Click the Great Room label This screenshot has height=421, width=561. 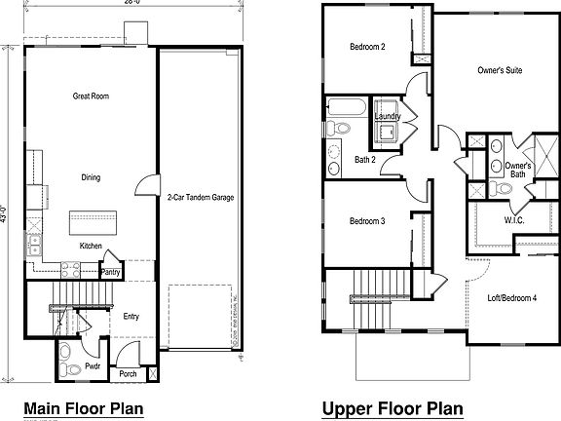click(89, 96)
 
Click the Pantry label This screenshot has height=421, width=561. click(111, 273)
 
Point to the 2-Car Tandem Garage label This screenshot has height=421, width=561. click(200, 197)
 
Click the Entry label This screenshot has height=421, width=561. click(131, 316)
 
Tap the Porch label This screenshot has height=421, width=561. click(127, 372)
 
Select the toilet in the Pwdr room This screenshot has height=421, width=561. click(64, 365)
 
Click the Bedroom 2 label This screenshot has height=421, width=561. click(369, 47)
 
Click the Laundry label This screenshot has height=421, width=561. click(387, 117)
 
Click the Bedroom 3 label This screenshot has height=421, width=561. click(368, 221)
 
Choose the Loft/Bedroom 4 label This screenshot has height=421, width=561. click(511, 296)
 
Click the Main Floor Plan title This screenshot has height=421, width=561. click(83, 407)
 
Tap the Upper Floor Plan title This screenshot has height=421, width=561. click(392, 407)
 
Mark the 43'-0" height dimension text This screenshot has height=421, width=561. click(6, 212)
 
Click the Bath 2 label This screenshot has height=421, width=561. click(366, 159)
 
